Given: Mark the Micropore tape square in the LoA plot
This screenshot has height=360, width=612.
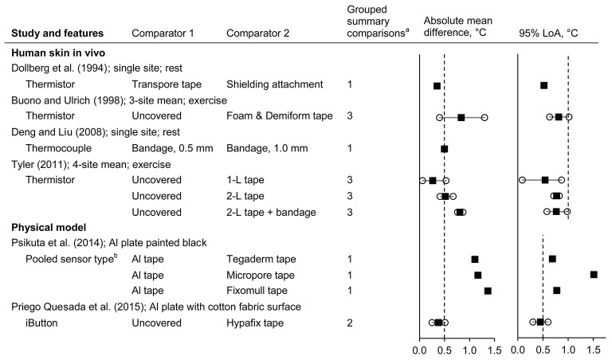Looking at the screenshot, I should pyautogui.click(x=594, y=275).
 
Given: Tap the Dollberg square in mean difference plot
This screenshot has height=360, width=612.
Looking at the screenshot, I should pyautogui.click(x=437, y=85).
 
